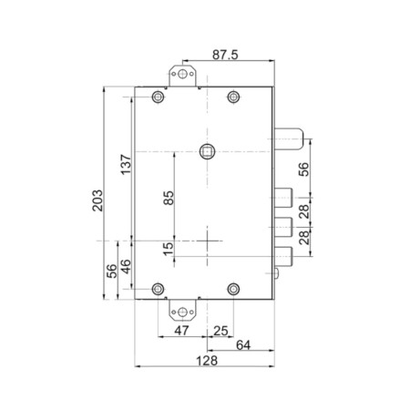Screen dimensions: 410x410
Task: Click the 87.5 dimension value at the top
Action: pyautogui.click(x=225, y=55)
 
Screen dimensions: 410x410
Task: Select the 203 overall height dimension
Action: pyautogui.click(x=97, y=200)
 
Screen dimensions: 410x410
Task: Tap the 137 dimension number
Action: pyautogui.click(x=126, y=164)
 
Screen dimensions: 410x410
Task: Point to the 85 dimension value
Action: pyautogui.click(x=169, y=198)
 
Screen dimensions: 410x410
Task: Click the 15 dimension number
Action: pyautogui.click(x=169, y=249)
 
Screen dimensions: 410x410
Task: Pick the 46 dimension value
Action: pyautogui.click(x=126, y=267)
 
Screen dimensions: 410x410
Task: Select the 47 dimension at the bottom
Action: pyautogui.click(x=181, y=331)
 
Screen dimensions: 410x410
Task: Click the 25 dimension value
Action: pyautogui.click(x=220, y=331)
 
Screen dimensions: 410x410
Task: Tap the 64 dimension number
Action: pyautogui.click(x=243, y=345)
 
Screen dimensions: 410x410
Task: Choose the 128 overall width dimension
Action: pyautogui.click(x=207, y=361)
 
